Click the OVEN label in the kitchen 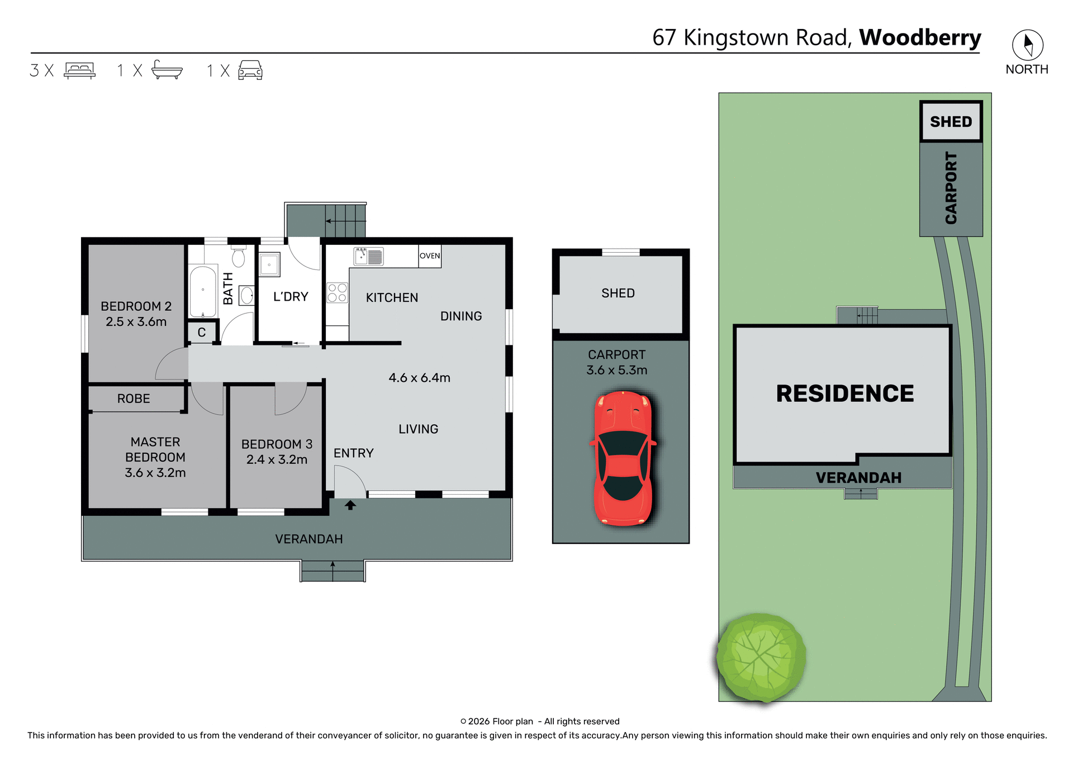(x=430, y=256)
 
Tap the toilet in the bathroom (x=239, y=257)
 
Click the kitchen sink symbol (x=369, y=257)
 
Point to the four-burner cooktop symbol (x=337, y=293)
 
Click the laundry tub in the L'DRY (x=269, y=265)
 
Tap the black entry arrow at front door (x=350, y=505)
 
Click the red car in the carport (x=623, y=458)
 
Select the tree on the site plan (x=761, y=657)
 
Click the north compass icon (x=1027, y=45)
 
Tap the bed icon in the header (x=80, y=70)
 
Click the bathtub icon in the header (x=167, y=70)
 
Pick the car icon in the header (x=250, y=70)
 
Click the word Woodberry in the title (x=920, y=37)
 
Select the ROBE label (x=134, y=399)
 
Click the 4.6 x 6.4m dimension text (x=419, y=378)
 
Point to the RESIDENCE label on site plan (x=844, y=393)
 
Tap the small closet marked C (x=202, y=333)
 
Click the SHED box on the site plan (x=951, y=122)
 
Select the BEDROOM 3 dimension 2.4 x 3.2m (x=277, y=459)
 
